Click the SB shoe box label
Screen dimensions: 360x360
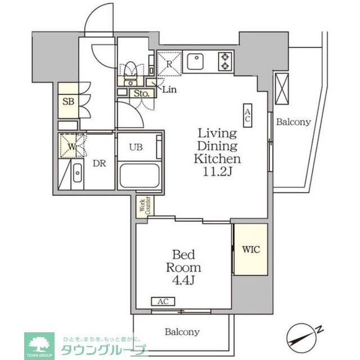pyautogui.click(x=68, y=102)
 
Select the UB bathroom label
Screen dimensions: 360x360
pyautogui.click(x=136, y=148)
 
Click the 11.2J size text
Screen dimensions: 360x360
pyautogui.click(x=218, y=172)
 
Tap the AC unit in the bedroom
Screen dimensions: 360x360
pyautogui.click(x=163, y=301)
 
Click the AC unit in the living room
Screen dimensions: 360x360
pyautogui.click(x=247, y=115)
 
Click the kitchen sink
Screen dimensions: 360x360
pyautogui.click(x=197, y=61)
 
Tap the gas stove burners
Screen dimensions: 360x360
pyautogui.click(x=225, y=61)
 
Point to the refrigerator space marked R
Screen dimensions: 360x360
pyautogui.click(x=169, y=62)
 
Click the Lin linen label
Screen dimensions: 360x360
pyautogui.click(x=168, y=89)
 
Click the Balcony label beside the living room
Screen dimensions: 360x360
pyautogui.click(x=292, y=121)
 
